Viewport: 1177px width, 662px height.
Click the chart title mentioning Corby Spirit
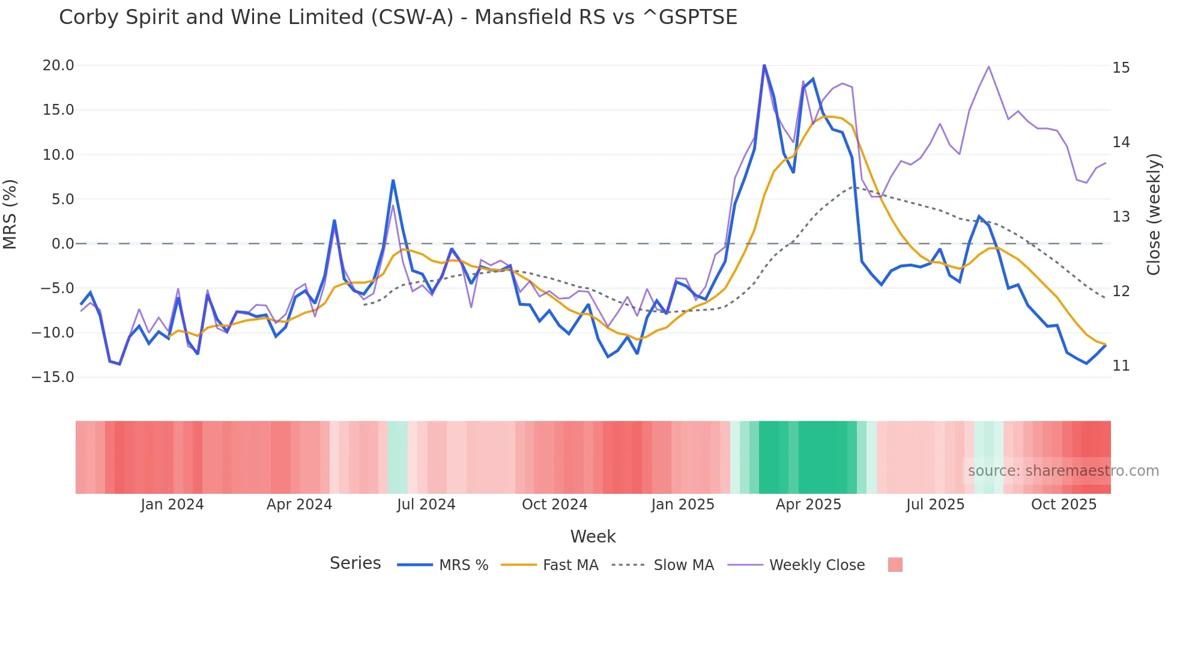(398, 17)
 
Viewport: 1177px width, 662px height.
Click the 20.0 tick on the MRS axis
(58, 65)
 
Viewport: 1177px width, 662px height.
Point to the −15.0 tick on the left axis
(53, 377)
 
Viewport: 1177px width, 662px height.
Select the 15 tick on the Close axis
(1121, 68)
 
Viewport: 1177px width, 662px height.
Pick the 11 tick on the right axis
(1121, 366)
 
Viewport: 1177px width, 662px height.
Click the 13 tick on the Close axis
(1121, 217)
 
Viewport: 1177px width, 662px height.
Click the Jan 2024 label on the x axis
(172, 505)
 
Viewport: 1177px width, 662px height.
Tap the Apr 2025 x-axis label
(808, 505)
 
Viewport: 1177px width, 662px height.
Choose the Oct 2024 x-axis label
(554, 505)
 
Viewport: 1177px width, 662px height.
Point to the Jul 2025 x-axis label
(935, 505)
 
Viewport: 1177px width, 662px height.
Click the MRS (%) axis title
(10, 214)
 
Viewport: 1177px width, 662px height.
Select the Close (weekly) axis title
(1153, 214)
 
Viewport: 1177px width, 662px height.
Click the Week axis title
(593, 536)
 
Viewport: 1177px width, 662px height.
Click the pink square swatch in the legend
(895, 565)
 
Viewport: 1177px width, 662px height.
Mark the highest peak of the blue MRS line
(764, 64)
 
